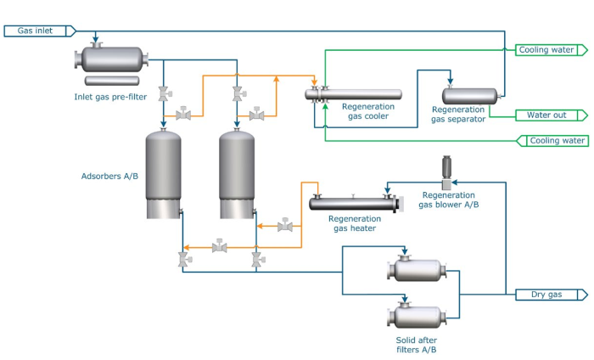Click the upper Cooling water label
pyautogui.click(x=552, y=50)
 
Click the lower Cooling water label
pyautogui.click(x=556, y=140)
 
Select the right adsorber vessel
pyautogui.click(x=238, y=173)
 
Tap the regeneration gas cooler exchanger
pyautogui.click(x=356, y=93)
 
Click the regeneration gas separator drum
pyautogui.click(x=470, y=95)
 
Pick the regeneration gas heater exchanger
pyautogui.click(x=352, y=203)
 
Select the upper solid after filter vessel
pyautogui.click(x=417, y=270)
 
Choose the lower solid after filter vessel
pyautogui.click(x=417, y=318)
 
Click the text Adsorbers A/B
pyautogui.click(x=104, y=177)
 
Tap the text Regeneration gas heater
pyautogui.click(x=352, y=222)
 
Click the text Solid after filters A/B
pyautogui.click(x=411, y=344)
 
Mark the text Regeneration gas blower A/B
pyautogui.click(x=450, y=200)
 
